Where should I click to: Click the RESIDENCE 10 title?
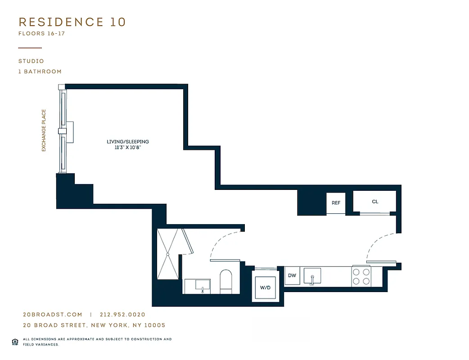(72, 22)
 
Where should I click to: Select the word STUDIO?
(31, 61)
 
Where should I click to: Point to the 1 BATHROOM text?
(40, 72)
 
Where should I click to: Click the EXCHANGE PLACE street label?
(44, 130)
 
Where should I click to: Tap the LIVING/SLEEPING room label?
(128, 142)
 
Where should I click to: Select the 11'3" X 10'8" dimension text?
(128, 147)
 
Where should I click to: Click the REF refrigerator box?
(336, 203)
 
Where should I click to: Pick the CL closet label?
(374, 202)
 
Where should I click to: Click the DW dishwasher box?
(292, 275)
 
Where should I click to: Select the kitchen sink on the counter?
(312, 275)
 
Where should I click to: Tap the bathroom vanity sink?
(203, 285)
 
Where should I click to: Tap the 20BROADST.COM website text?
(53, 315)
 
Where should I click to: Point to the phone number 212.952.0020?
(122, 315)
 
